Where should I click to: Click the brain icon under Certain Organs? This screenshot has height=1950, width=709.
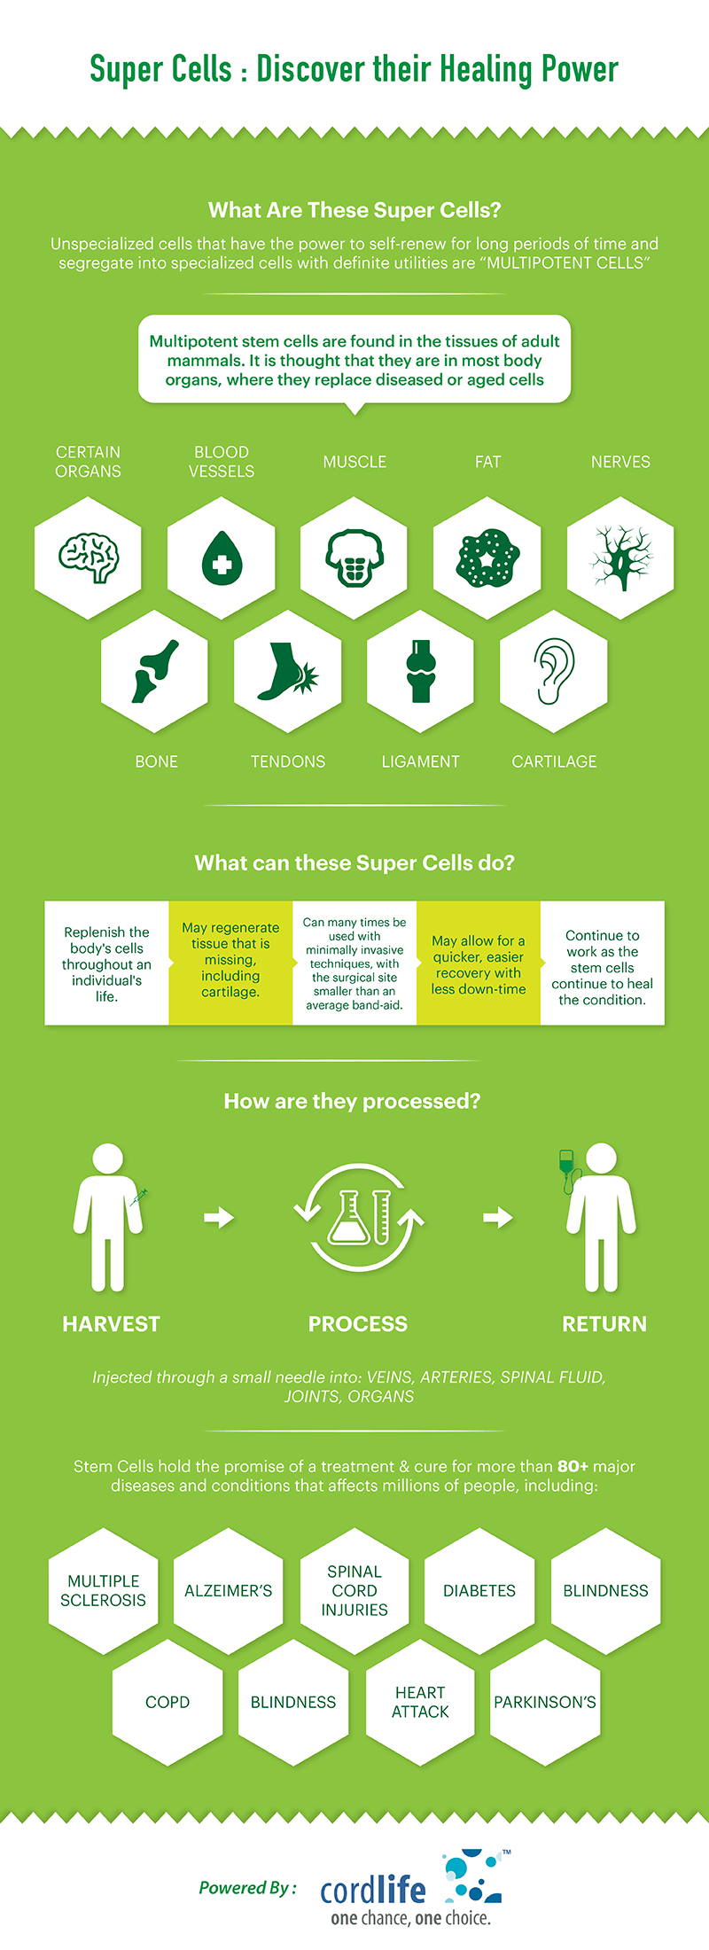(x=89, y=558)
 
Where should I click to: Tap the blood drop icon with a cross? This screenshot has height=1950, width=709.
(x=221, y=558)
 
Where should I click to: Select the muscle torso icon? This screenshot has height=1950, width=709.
(x=354, y=558)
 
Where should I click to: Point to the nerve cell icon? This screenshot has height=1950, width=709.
(x=620, y=558)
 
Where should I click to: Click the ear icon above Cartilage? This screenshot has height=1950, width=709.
(x=554, y=671)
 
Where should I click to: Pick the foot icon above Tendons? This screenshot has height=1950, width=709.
(x=287, y=671)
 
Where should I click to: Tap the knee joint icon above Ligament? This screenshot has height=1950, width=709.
(x=420, y=671)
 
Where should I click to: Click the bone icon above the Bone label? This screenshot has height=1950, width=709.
(x=155, y=671)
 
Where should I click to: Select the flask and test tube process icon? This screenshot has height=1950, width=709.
(x=359, y=1216)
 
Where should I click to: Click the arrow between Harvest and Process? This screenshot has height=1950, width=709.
(x=219, y=1217)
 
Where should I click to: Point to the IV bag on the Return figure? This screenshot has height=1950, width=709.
(x=565, y=1161)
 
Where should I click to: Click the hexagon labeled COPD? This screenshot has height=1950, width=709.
(x=168, y=1702)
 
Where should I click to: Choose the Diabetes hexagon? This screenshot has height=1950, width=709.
(x=479, y=1590)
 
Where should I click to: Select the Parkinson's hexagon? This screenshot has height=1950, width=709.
(x=545, y=1702)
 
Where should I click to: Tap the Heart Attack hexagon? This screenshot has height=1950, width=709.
(x=420, y=1702)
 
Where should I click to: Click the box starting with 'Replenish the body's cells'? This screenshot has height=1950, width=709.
(x=106, y=963)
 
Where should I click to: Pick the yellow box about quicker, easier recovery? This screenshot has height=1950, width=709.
(x=479, y=963)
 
